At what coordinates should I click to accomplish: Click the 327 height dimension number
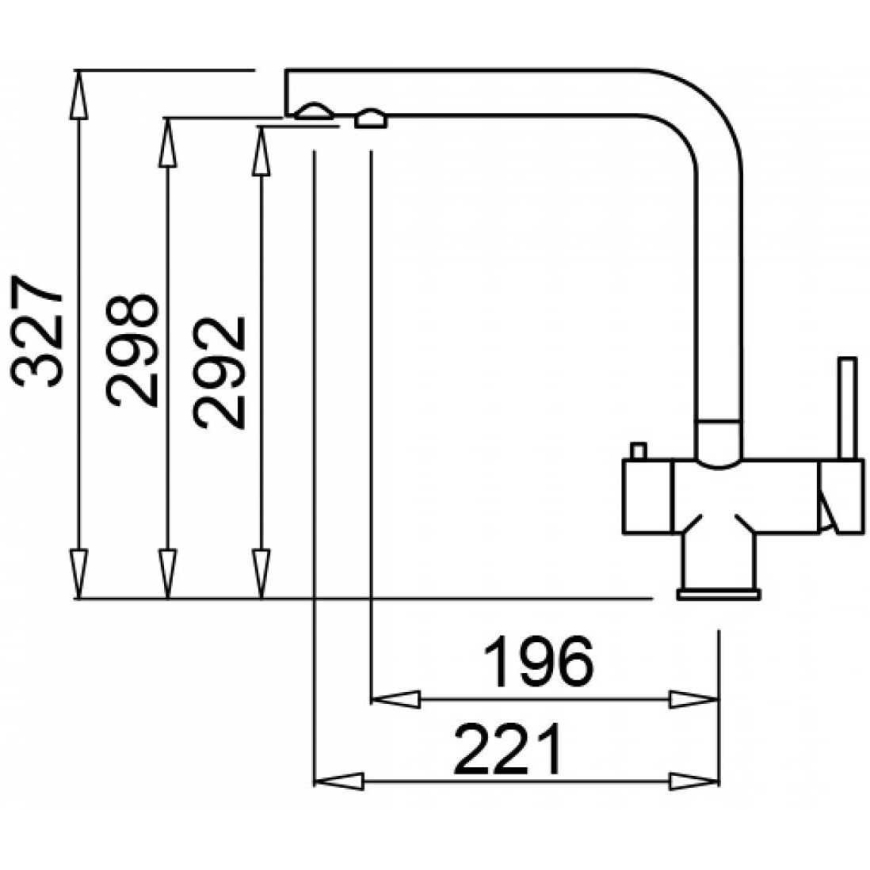coord(36,331)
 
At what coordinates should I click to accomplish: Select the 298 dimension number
coord(131,350)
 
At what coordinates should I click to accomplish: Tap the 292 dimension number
coord(219,373)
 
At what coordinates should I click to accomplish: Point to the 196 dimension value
coord(538,661)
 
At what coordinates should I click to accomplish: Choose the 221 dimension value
coord(507,749)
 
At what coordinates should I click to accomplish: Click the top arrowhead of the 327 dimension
coord(79,95)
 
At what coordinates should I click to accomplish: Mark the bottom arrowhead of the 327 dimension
coord(79,574)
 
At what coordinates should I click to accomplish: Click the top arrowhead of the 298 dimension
coord(168,143)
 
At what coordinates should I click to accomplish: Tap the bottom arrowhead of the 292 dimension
coord(261,574)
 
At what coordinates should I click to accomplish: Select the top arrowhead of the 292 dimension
coord(261,151)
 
